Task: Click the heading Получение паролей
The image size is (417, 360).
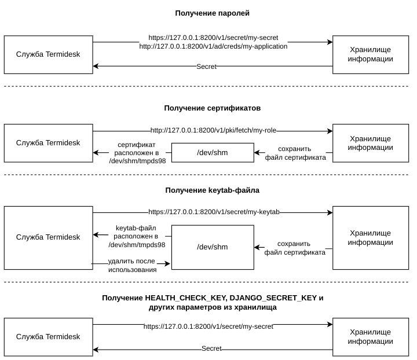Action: [212, 13]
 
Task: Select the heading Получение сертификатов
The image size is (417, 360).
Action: [212, 108]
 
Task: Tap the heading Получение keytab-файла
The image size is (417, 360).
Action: [212, 190]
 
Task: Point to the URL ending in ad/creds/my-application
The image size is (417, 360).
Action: [213, 46]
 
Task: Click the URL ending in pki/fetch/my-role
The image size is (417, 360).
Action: [213, 130]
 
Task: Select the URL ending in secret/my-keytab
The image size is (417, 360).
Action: [214, 212]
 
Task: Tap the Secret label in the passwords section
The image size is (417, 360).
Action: [206, 67]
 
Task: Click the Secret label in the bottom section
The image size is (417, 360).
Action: [211, 348]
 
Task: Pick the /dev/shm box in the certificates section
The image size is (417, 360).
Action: [213, 153]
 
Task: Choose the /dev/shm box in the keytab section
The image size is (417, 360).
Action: [213, 247]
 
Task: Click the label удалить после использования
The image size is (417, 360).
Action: [132, 265]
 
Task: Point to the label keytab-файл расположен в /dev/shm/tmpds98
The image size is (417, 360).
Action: [137, 236]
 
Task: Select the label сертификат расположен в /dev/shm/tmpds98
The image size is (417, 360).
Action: [137, 153]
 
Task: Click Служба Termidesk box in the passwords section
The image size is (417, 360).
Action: [49, 55]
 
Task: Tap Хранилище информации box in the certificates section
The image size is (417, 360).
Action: [371, 143]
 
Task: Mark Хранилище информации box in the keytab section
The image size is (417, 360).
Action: [371, 238]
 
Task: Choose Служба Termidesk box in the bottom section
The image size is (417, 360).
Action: [49, 337]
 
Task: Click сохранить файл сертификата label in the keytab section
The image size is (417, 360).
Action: [295, 248]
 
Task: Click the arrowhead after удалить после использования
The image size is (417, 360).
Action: [167, 263]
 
